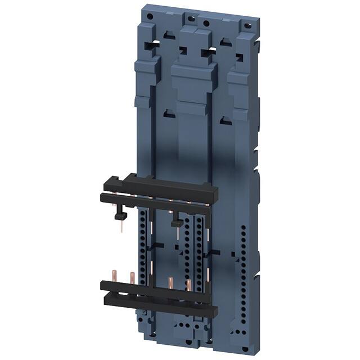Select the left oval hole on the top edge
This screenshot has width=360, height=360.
191,18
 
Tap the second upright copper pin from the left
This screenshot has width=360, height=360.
132,278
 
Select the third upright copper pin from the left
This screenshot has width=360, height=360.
169,281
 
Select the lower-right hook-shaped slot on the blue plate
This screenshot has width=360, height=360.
225,119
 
